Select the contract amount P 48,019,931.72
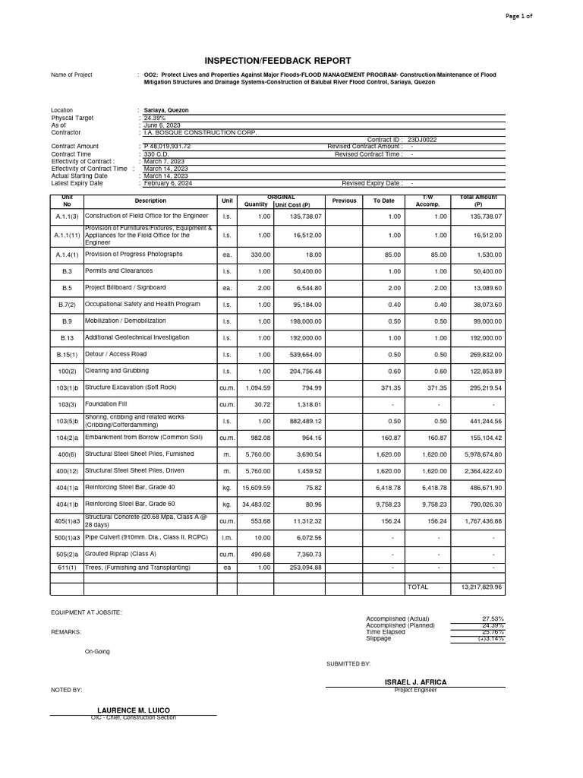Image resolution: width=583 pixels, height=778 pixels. (x=167, y=146)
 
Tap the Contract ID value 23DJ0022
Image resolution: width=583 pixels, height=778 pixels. (x=423, y=140)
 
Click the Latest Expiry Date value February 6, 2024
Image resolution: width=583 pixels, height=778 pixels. (x=169, y=183)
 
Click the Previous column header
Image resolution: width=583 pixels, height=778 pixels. (x=344, y=201)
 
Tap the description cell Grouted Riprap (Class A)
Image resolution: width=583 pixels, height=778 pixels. (x=118, y=555)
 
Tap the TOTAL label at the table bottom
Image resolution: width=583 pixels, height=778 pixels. (x=418, y=587)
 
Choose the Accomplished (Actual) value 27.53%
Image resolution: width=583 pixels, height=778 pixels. (x=493, y=619)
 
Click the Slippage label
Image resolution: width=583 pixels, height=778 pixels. (x=379, y=638)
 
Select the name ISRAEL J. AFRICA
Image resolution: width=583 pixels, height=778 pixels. (x=416, y=682)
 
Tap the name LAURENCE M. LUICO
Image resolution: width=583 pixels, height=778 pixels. (x=133, y=710)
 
